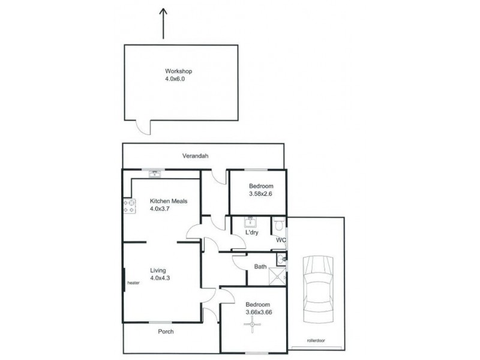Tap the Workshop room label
179,71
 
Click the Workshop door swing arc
143,127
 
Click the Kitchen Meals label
169,201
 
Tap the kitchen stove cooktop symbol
129,207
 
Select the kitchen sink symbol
155,174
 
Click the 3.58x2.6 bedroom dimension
261,194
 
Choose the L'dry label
252,233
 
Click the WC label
280,240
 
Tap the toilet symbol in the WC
278,226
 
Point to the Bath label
260,266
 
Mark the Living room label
158,270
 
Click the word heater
133,284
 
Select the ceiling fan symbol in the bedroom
253,325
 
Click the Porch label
166,331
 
